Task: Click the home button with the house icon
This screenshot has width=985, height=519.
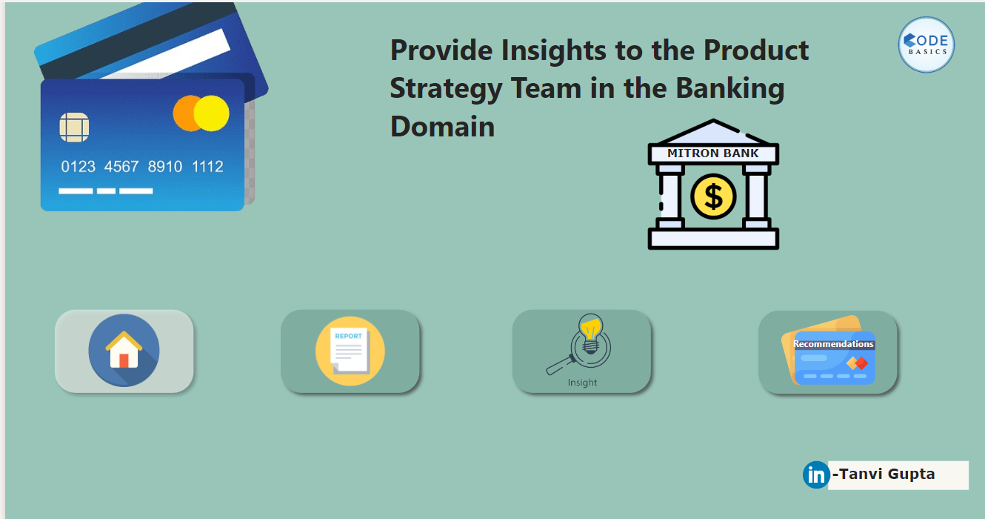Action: tap(124, 351)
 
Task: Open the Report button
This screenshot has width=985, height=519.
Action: tap(350, 351)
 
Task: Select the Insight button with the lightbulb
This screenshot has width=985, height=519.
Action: tap(581, 351)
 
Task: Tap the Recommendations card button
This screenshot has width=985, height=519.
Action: tap(827, 351)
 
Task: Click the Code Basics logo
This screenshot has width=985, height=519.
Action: tap(926, 44)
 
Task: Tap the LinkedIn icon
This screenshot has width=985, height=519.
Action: tap(816, 475)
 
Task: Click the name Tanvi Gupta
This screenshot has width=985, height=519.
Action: tap(884, 474)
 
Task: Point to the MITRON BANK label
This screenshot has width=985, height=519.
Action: tap(712, 153)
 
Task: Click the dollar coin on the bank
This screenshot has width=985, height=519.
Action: tap(713, 196)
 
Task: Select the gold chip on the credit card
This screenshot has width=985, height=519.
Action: tap(74, 128)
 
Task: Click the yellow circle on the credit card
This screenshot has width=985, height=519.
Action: tap(212, 113)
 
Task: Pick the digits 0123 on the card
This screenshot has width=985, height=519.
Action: tap(78, 167)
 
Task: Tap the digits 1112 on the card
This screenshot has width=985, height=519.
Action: tap(207, 167)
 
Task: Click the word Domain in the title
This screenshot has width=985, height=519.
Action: tap(442, 127)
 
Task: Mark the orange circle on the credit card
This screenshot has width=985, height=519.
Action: tap(184, 113)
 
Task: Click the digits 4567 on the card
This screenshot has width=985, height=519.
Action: tap(121, 167)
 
